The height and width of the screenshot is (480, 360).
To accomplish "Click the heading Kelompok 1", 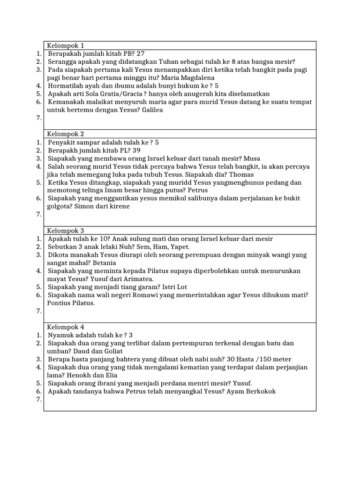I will coord(66,45).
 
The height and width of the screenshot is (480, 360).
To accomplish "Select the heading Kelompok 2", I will coord(66,134).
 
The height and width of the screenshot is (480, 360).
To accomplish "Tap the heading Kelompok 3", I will coord(66,231).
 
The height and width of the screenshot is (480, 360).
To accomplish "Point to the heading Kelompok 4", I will coord(66,327).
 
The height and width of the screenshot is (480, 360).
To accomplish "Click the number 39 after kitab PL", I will coord(136,150).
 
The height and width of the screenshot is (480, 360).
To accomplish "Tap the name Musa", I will coord(251,158).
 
